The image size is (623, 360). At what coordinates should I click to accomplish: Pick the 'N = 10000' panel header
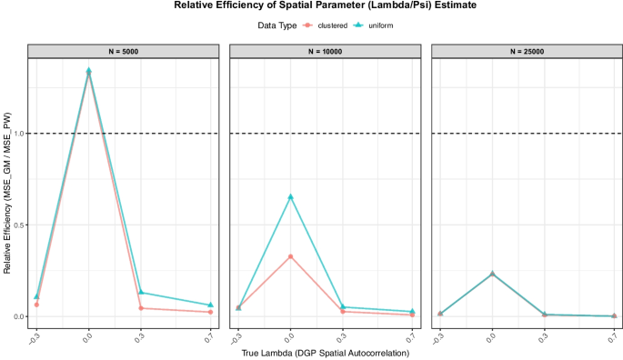[x=324, y=50]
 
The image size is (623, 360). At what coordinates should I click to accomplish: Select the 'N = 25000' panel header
[x=526, y=50]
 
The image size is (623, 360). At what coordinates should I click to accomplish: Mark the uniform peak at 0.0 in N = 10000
[x=290, y=197]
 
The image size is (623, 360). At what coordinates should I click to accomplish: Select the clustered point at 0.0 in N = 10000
[x=290, y=256]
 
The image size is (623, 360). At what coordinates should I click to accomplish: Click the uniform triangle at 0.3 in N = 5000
[x=141, y=292]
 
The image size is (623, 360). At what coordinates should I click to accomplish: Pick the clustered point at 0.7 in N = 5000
[x=210, y=312]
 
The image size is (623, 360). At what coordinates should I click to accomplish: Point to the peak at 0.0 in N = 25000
[x=492, y=274]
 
